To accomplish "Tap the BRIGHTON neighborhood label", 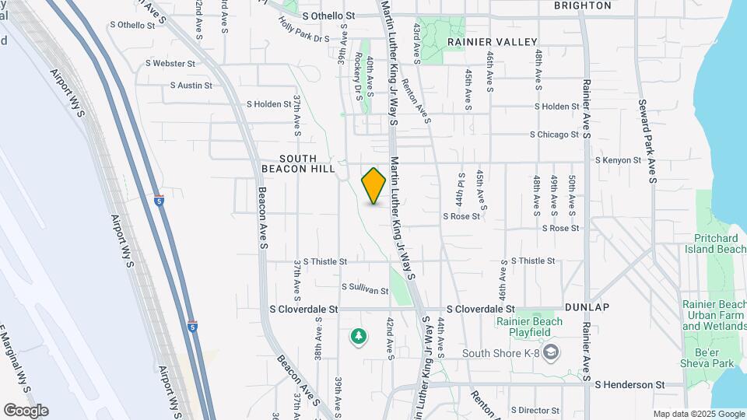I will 583,5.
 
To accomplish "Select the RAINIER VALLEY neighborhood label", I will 492,42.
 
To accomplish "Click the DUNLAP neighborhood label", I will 587,306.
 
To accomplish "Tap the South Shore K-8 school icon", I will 552,352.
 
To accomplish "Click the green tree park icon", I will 358,336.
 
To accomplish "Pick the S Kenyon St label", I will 618,160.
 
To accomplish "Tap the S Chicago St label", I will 554,135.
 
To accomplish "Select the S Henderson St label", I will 630,384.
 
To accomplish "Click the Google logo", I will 26,411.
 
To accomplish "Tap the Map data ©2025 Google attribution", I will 697,415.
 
